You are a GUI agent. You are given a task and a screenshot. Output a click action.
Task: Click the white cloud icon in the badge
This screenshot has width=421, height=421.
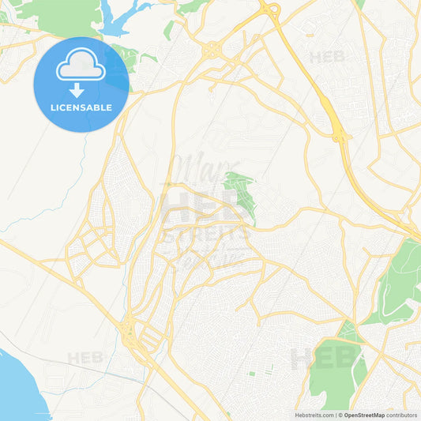point(81,66)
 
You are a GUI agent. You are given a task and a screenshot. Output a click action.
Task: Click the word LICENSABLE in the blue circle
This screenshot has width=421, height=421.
point(81,107)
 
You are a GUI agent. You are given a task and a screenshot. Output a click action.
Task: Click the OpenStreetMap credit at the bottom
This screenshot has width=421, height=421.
point(363,415)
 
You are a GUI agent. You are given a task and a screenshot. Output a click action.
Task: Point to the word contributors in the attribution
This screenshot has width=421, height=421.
point(401,415)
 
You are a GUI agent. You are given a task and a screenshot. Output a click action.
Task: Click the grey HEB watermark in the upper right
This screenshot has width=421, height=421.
point(328,57)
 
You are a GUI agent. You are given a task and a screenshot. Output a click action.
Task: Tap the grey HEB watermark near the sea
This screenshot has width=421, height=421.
point(85,358)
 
